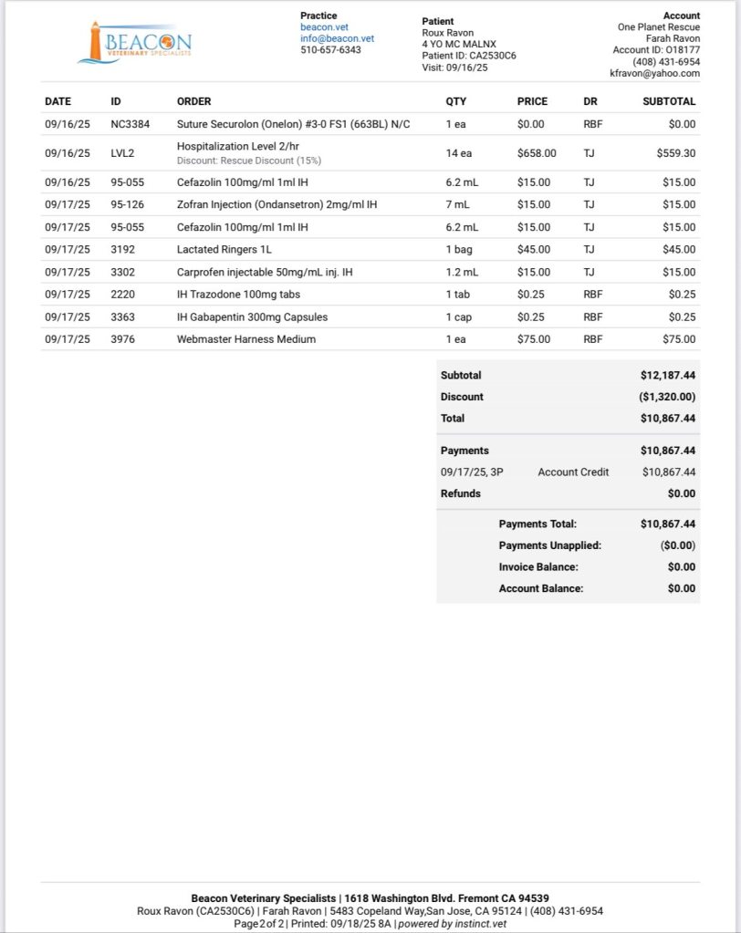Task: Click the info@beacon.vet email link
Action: (338, 38)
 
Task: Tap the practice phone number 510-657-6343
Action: (330, 49)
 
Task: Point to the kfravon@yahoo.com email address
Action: (654, 73)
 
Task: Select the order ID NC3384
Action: (130, 124)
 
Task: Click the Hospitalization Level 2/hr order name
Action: (237, 146)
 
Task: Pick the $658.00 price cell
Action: (537, 153)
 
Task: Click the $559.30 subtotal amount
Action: (675, 153)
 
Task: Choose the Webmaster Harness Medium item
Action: (245, 339)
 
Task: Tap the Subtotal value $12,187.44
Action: (668, 375)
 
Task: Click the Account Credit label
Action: (573, 472)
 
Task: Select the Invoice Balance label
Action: (537, 566)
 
